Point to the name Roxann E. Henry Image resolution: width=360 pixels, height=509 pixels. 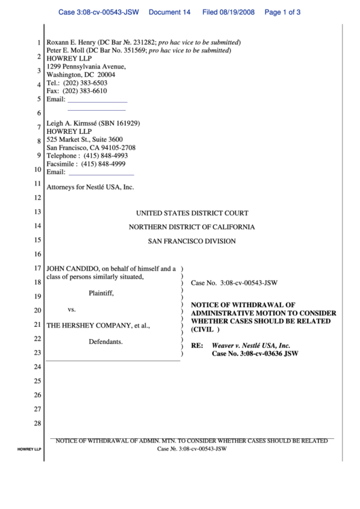click(71, 42)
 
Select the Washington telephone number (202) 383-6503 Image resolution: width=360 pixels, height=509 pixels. click(84, 83)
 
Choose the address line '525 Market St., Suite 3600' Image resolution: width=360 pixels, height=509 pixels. click(85, 139)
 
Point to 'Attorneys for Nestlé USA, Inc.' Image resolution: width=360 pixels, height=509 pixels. click(90, 187)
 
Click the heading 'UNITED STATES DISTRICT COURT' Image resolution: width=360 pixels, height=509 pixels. click(192, 213)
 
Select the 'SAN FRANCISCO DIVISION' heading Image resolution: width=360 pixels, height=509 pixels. click(192, 241)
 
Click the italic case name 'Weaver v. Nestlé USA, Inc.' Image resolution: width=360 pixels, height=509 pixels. click(251, 345)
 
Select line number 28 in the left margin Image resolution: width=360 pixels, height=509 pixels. click(38, 424)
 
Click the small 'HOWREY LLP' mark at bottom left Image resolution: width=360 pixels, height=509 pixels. click(29, 449)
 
